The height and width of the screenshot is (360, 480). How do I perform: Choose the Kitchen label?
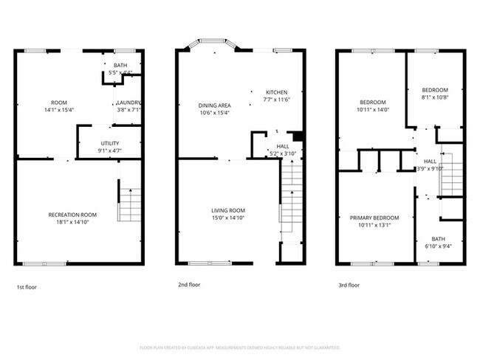pyautogui.click(x=277, y=91)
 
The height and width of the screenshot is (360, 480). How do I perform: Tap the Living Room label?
pyautogui.click(x=227, y=210)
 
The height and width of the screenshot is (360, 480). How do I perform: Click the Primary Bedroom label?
pyautogui.click(x=374, y=218)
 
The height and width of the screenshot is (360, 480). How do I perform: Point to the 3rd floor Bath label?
pyautogui.click(x=438, y=238)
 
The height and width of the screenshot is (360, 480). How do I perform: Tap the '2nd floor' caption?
pyautogui.click(x=188, y=284)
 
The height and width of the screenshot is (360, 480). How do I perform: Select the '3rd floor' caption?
pyautogui.click(x=349, y=285)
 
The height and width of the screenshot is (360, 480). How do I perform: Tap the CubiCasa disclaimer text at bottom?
pyautogui.click(x=240, y=347)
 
